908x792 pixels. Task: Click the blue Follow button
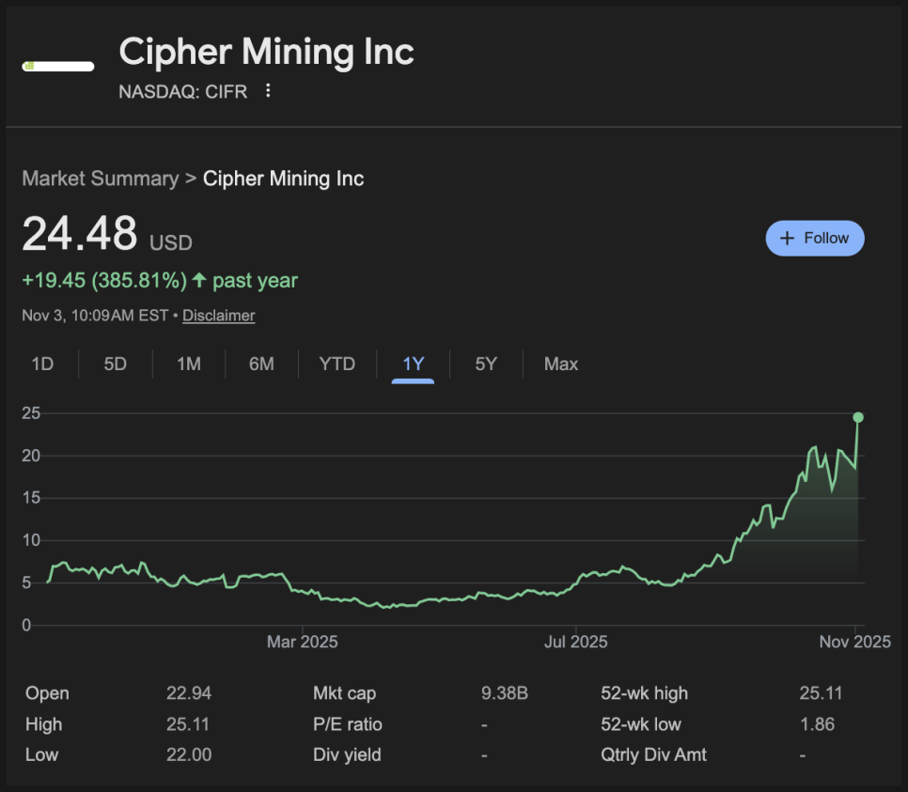pyautogui.click(x=815, y=239)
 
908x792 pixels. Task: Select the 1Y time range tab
pyautogui.click(x=413, y=364)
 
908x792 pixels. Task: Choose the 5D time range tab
pyautogui.click(x=115, y=364)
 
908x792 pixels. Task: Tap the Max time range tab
pyautogui.click(x=560, y=364)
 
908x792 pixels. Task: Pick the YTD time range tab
pyautogui.click(x=337, y=364)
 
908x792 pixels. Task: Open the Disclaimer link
pyautogui.click(x=218, y=316)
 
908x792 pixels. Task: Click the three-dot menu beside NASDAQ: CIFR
pyautogui.click(x=268, y=91)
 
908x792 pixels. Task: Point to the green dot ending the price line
pyautogui.click(x=857, y=417)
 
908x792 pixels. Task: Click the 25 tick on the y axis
pyautogui.click(x=31, y=413)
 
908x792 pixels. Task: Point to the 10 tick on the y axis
pyautogui.click(x=31, y=540)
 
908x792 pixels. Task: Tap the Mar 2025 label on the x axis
pyautogui.click(x=302, y=643)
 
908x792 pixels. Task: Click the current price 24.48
pyautogui.click(x=80, y=234)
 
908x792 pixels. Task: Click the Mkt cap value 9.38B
pyautogui.click(x=504, y=694)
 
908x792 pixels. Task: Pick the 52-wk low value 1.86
pyautogui.click(x=816, y=724)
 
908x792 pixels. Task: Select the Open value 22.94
pyautogui.click(x=188, y=694)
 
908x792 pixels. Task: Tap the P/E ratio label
pyautogui.click(x=348, y=724)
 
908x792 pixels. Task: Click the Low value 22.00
pyautogui.click(x=188, y=754)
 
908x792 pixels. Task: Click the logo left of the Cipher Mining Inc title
pyautogui.click(x=58, y=66)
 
